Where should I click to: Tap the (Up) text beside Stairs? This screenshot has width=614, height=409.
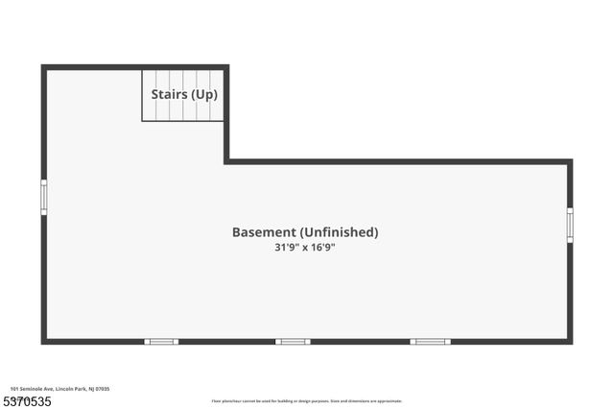coord(202,94)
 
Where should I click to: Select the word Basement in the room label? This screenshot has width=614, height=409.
coord(263,232)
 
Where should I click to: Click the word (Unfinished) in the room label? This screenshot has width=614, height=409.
coord(339,232)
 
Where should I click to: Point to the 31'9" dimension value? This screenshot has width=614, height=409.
coord(288,248)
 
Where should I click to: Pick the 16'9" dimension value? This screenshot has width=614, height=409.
coord(321,248)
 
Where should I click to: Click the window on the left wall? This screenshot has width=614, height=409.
coord(43,197)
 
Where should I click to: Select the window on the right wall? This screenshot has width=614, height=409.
coord(570,225)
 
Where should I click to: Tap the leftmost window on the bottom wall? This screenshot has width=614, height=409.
coord(161,341)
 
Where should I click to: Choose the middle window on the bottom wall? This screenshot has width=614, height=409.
coord(293,341)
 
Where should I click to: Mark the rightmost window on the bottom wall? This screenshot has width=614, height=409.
coord(431,341)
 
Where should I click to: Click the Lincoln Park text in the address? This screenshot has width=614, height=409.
coord(69,388)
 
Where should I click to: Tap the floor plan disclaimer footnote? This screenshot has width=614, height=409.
coord(306,401)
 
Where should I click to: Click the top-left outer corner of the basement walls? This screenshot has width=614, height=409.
coord(43,67)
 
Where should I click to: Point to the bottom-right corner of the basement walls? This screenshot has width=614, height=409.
coord(570,341)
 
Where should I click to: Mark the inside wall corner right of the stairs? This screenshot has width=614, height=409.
coord(226,161)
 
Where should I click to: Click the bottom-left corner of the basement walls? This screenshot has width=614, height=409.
coord(43,341)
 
